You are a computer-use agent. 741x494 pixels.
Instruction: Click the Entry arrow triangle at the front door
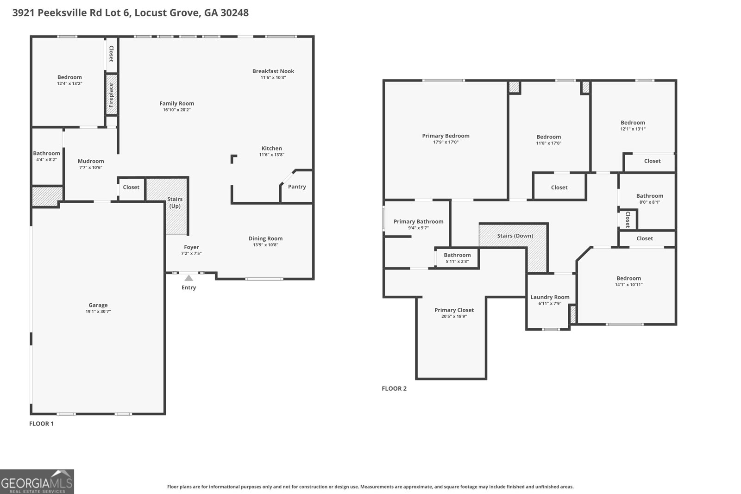click(188, 278)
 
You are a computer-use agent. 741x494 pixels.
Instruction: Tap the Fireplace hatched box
click(112, 94)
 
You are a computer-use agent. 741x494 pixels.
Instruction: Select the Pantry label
click(297, 187)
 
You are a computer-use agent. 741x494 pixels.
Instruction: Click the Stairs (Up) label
click(175, 202)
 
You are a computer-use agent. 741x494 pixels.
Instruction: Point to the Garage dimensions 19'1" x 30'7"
click(98, 312)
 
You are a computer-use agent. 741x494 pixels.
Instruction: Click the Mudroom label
click(91, 161)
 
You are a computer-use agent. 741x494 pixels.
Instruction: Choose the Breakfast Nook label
click(273, 71)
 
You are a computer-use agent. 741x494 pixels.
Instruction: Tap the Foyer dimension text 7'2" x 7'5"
click(191, 254)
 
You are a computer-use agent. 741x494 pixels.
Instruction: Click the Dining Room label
click(266, 238)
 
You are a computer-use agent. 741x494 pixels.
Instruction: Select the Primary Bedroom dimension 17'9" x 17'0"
click(446, 142)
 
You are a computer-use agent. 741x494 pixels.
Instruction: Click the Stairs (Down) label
click(515, 236)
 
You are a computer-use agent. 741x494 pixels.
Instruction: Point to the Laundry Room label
click(550, 297)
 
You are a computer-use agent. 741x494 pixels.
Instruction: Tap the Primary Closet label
click(454, 310)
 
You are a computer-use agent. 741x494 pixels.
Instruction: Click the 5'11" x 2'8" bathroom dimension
click(457, 262)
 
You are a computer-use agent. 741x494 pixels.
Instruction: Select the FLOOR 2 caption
click(394, 388)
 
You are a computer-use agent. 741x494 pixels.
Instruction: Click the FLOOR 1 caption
click(41, 424)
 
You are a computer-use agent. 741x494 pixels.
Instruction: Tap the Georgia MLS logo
click(37, 481)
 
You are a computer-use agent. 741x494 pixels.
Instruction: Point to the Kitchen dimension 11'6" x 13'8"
click(271, 155)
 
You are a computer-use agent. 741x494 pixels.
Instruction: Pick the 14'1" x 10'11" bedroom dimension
click(628, 285)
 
